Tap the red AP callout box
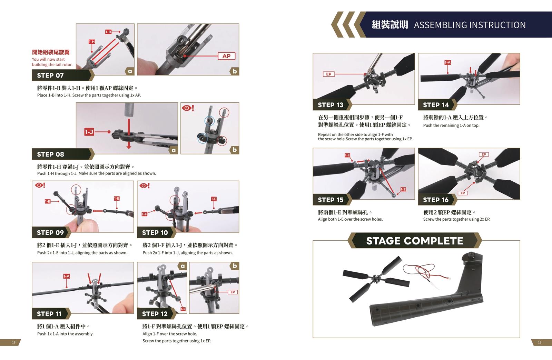[x=226, y=56]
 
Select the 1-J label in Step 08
[x=89, y=132]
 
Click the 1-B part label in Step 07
[x=108, y=32]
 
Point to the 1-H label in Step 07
[x=92, y=42]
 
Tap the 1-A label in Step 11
[x=67, y=276]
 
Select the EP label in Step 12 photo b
[x=233, y=292]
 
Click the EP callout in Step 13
[x=329, y=74]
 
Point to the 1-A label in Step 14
[x=447, y=62]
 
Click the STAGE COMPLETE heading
[x=415, y=241]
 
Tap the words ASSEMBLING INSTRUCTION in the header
[x=470, y=25]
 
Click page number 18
[x=14, y=342]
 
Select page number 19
[x=540, y=342]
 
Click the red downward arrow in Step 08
[x=129, y=134]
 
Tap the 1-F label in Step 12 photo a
[x=183, y=309]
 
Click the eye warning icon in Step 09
[x=40, y=185]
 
